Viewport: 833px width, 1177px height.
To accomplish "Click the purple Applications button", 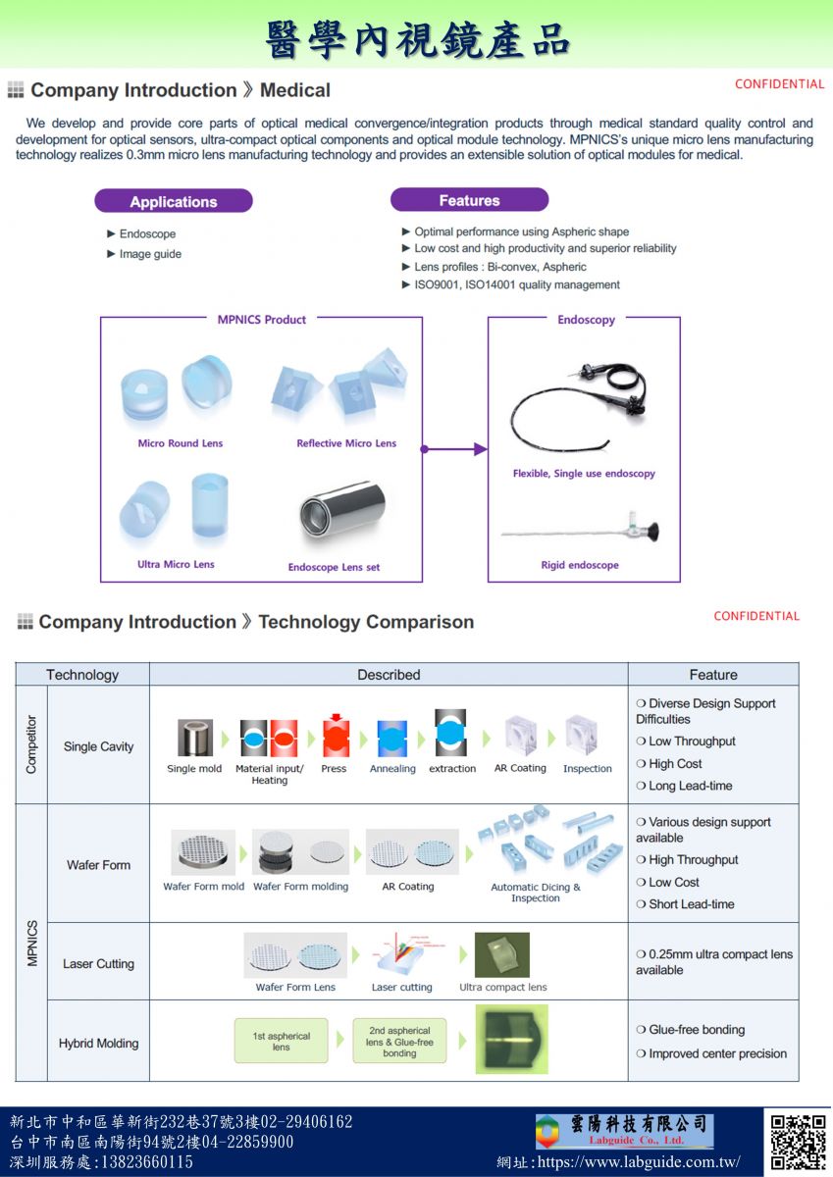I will pyautogui.click(x=174, y=202).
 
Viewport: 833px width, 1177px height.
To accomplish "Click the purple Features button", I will pyautogui.click(x=469, y=200).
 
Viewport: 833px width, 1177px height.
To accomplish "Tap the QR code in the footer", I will pyautogui.click(x=798, y=1142).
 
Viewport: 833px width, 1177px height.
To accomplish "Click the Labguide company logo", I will pyautogui.click(x=623, y=1131).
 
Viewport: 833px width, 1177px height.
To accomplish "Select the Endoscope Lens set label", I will pyautogui.click(x=334, y=567).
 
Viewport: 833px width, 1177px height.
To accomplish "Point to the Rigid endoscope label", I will pyautogui.click(x=580, y=565).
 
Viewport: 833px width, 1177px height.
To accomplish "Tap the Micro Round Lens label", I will pyautogui.click(x=181, y=443).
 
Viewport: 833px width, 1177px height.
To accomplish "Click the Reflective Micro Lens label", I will pyautogui.click(x=346, y=443).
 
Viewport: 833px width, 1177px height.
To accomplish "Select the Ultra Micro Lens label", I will pyautogui.click(x=176, y=564).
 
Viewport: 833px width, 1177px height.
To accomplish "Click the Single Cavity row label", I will pyautogui.click(x=98, y=746).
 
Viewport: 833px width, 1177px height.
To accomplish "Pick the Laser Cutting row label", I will pyautogui.click(x=98, y=964).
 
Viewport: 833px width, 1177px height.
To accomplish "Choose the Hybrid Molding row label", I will pyautogui.click(x=98, y=1044).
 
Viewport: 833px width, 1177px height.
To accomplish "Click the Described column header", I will pyautogui.click(x=389, y=675).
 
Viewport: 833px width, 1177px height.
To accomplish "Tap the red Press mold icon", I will pyautogui.click(x=336, y=738).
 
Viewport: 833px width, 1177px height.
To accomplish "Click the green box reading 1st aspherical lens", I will pyautogui.click(x=282, y=1042).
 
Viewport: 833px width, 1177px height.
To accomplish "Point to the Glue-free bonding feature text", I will pyautogui.click(x=697, y=1030).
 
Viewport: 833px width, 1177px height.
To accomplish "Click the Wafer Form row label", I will pyautogui.click(x=98, y=865).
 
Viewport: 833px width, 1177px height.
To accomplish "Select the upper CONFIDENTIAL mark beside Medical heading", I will pyautogui.click(x=779, y=84).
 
